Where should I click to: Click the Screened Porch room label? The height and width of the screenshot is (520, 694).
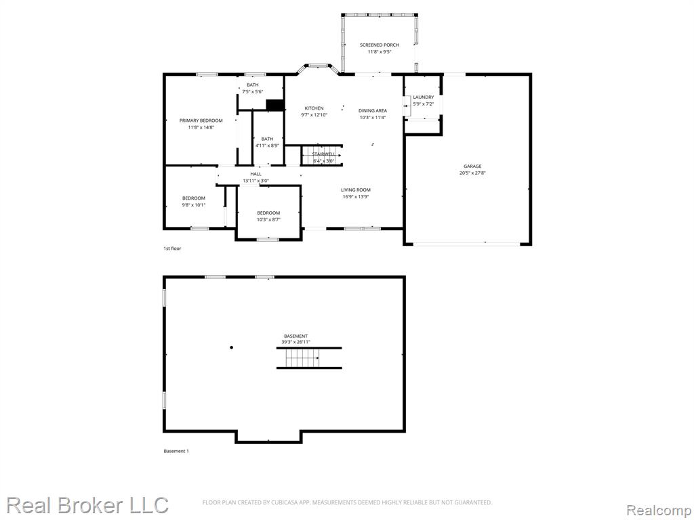[x=380, y=45]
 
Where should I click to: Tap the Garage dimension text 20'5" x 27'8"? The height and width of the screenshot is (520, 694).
[x=472, y=173]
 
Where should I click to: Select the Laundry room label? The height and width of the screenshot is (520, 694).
[x=424, y=97]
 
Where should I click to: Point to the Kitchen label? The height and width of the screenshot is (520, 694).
[x=314, y=108]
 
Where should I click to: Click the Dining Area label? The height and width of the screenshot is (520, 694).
[x=373, y=110]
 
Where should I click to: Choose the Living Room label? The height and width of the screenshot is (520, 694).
[x=356, y=190]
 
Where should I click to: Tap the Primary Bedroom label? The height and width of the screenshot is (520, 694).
[x=201, y=121]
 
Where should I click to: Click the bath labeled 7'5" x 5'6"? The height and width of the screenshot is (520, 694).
[x=253, y=85]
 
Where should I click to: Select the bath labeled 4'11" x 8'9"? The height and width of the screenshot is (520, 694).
[x=267, y=139]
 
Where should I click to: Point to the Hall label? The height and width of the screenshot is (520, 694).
[x=256, y=174]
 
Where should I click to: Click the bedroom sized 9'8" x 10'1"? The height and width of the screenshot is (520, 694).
[x=194, y=198]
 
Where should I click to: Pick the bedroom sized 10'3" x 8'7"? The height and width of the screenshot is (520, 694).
[x=268, y=213]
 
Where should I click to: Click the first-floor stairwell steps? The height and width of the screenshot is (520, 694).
[x=322, y=155]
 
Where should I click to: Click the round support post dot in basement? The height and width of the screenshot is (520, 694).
[x=232, y=347]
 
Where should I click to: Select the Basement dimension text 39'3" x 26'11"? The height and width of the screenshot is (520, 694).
[x=296, y=342]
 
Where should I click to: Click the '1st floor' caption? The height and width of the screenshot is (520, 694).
[x=173, y=248]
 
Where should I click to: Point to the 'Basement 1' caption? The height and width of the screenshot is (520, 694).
[x=176, y=452]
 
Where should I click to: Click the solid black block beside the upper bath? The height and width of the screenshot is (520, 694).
[x=274, y=105]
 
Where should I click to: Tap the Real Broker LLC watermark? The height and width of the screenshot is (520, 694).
[x=87, y=505]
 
